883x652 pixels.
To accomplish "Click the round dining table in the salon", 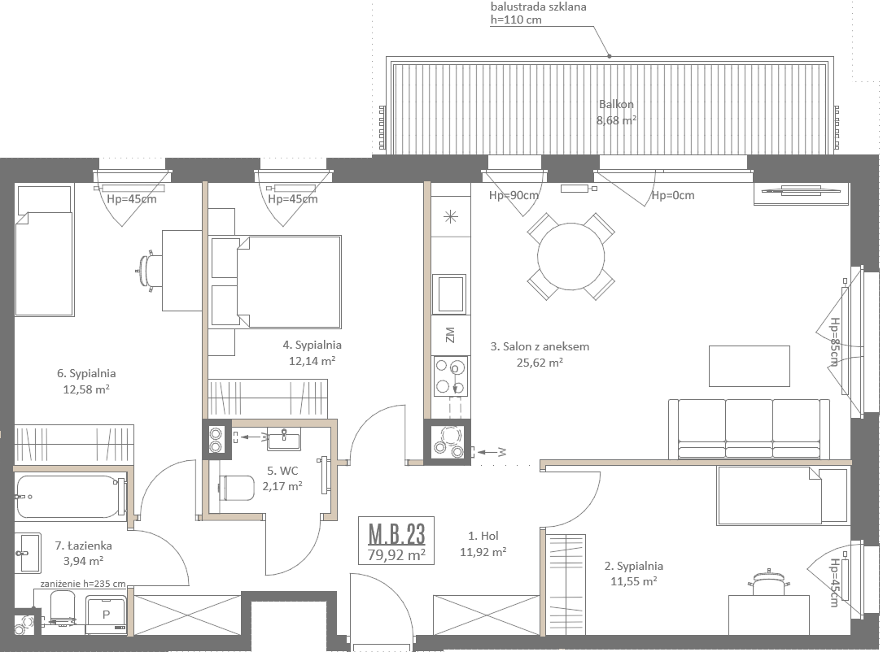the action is pos(570,257).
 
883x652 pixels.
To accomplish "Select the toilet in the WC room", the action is pos(236,488).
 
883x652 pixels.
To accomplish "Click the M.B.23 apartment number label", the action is pos(396,533).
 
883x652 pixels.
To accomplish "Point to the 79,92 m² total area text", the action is pos(396,554).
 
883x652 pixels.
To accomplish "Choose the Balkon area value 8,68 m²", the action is pos(617,120).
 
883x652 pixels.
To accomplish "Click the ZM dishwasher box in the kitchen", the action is pos(450,335).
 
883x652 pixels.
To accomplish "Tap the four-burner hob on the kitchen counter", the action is pos(451,376).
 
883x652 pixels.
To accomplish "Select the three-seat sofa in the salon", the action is pos(749,428).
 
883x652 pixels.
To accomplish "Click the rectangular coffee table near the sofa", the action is pos(749,366).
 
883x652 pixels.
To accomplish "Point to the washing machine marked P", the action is pos(107,615).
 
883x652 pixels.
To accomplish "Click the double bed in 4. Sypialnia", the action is pos(275,282).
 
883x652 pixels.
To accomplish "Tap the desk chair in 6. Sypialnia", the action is pos(148,272).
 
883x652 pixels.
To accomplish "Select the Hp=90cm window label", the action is pos(514,195).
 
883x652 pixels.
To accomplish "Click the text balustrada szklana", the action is pos(539,7).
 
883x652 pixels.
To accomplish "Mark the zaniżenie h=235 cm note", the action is pos(83,584).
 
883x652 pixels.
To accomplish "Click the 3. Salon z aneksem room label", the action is pos(540,346).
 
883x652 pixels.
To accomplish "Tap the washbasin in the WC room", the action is pos(283,439).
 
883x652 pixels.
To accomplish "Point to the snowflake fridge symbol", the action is pos(451,216).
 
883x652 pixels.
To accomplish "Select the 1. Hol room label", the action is pos(483,536).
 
